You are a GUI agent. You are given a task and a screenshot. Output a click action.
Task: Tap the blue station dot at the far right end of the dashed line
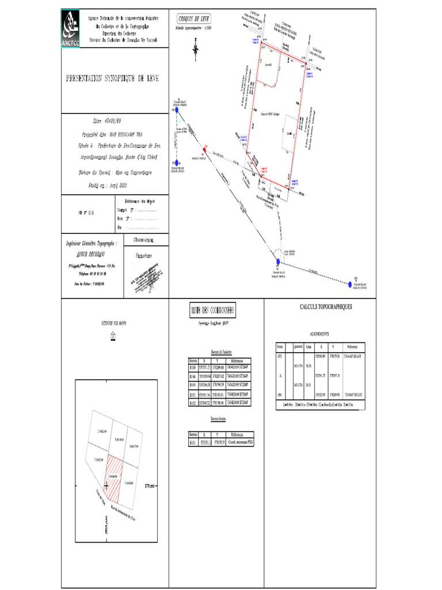tap(350, 283)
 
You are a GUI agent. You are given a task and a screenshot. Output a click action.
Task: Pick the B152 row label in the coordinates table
tap(193, 403)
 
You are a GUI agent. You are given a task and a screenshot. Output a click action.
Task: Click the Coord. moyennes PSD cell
tap(240, 442)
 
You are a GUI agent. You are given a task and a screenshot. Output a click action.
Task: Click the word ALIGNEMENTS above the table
tap(319, 334)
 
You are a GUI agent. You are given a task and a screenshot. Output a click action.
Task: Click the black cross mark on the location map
tap(106, 486)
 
